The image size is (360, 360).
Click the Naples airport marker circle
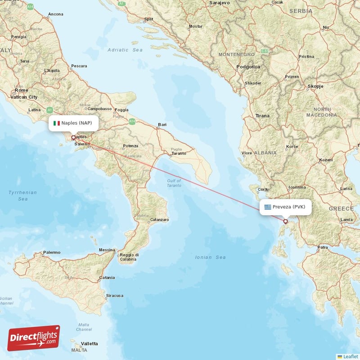coord(73,138)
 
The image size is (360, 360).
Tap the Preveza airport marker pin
coord(285,221)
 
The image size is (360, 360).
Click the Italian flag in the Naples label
coord(57,123)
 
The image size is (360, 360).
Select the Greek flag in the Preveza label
coord(268,207)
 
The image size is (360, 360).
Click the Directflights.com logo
coord(34,338)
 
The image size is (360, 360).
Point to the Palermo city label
coord(51,252)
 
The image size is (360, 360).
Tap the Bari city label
coord(162,125)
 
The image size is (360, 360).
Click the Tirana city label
coord(262,116)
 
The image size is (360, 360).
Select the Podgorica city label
coord(248,67)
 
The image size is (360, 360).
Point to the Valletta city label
coord(89,344)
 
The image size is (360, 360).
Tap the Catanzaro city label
coord(159,220)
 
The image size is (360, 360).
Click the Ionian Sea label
coord(210,257)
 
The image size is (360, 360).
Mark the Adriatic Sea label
coord(125,50)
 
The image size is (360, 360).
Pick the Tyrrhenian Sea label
coord(22,195)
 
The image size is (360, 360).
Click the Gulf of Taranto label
coord(174,183)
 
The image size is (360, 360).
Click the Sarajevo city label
coord(219,3)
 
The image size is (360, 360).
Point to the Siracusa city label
coord(114,296)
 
